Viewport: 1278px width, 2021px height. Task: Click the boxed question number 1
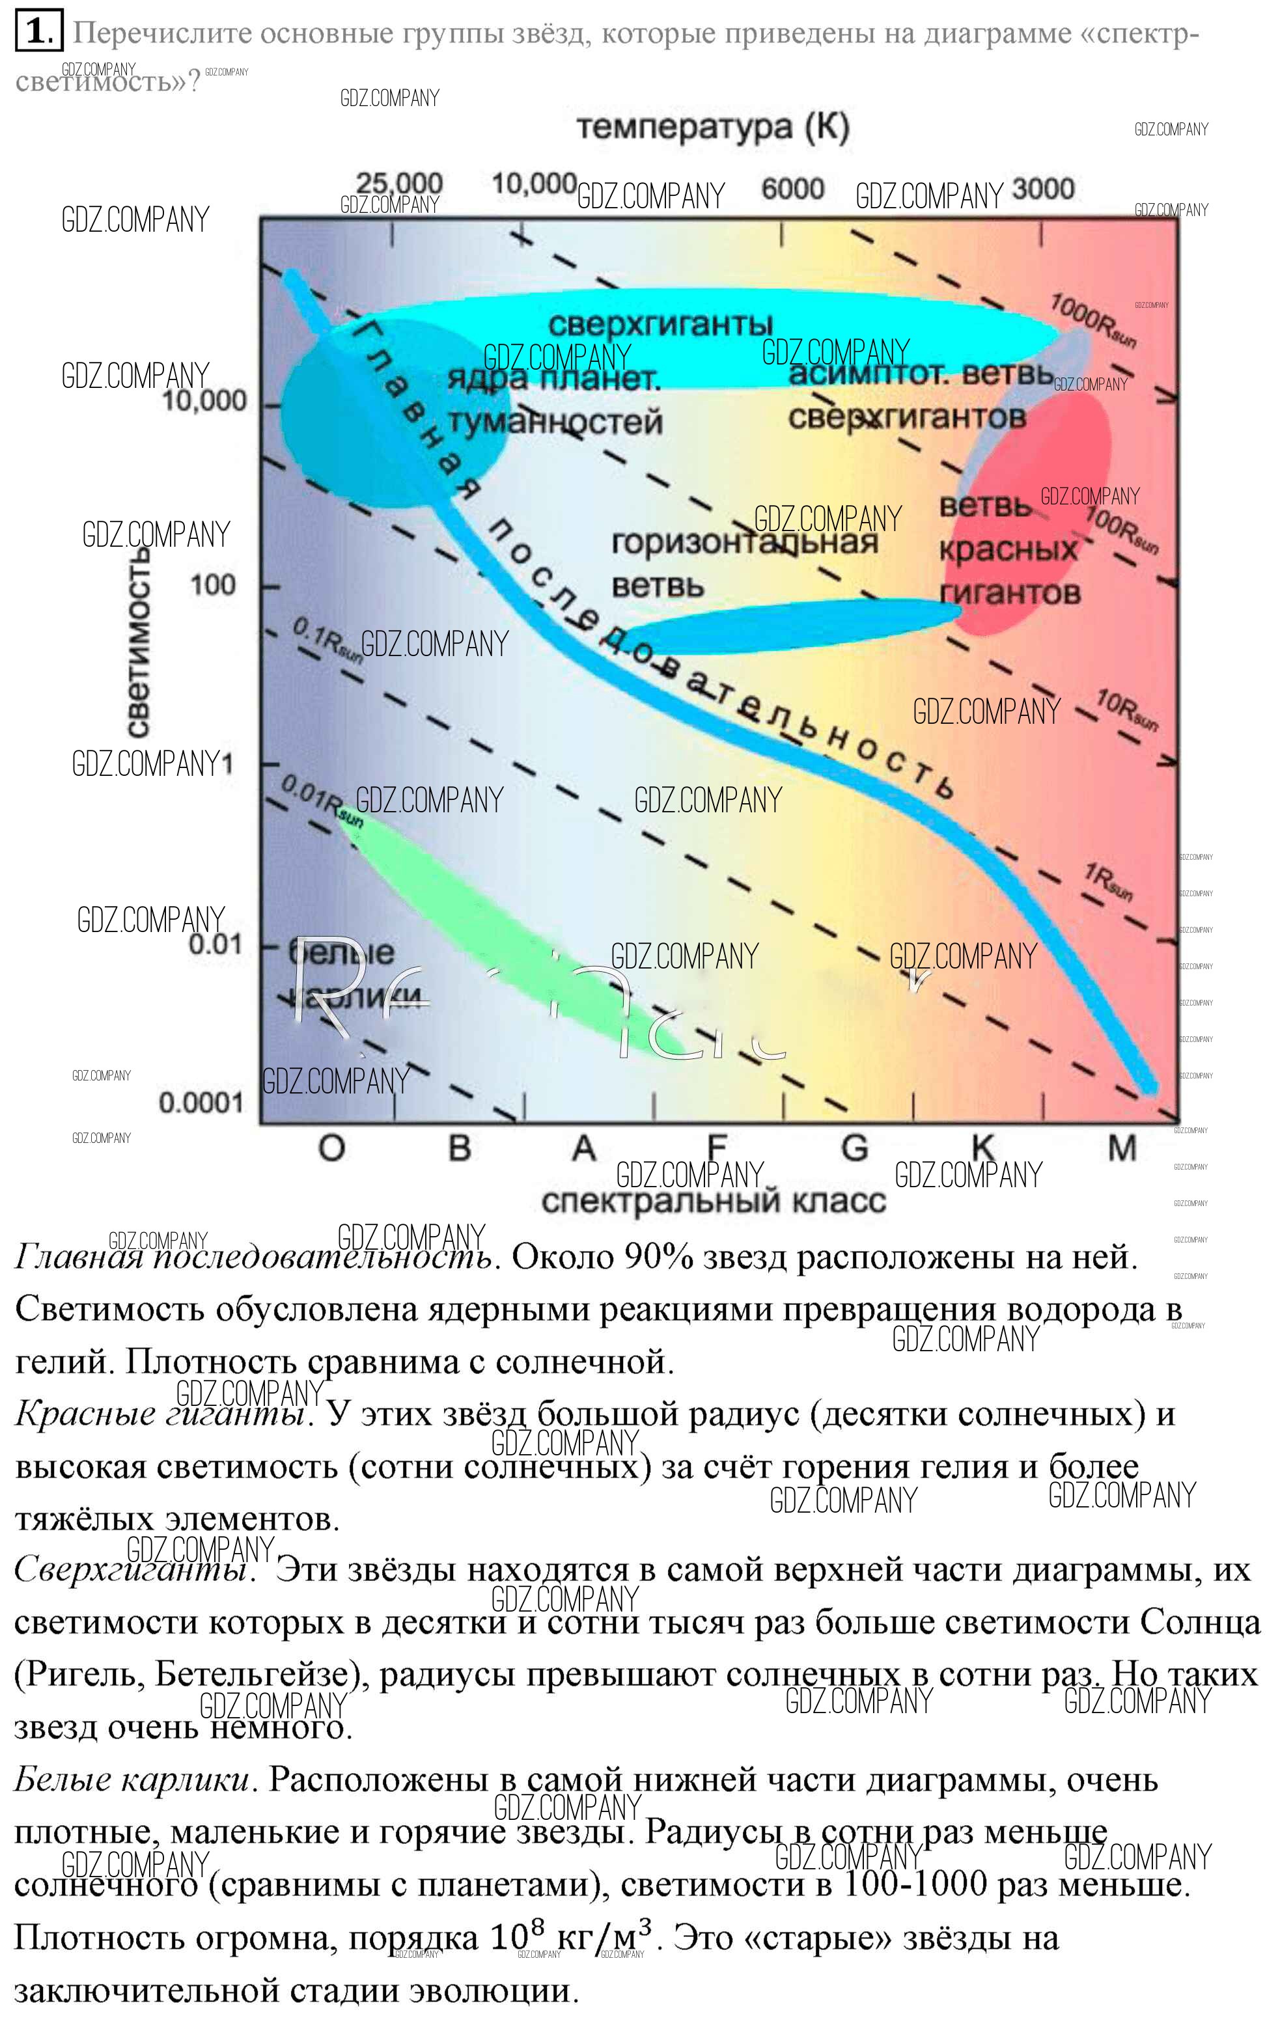pyautogui.click(x=38, y=33)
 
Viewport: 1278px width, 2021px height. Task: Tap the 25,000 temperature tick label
pyautogui.click(x=399, y=182)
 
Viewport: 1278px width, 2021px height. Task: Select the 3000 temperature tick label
pyautogui.click(x=1042, y=189)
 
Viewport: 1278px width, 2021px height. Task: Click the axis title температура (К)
pyautogui.click(x=713, y=128)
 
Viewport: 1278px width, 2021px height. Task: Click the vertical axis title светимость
pyautogui.click(x=139, y=641)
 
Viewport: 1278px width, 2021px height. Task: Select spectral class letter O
pyautogui.click(x=331, y=1148)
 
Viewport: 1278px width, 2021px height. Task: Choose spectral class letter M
pyautogui.click(x=1122, y=1148)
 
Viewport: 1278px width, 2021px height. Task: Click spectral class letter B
pyautogui.click(x=459, y=1148)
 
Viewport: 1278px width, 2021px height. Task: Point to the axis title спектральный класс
pyautogui.click(x=713, y=1201)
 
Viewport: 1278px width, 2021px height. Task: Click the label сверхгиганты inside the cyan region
pyautogui.click(x=660, y=324)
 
